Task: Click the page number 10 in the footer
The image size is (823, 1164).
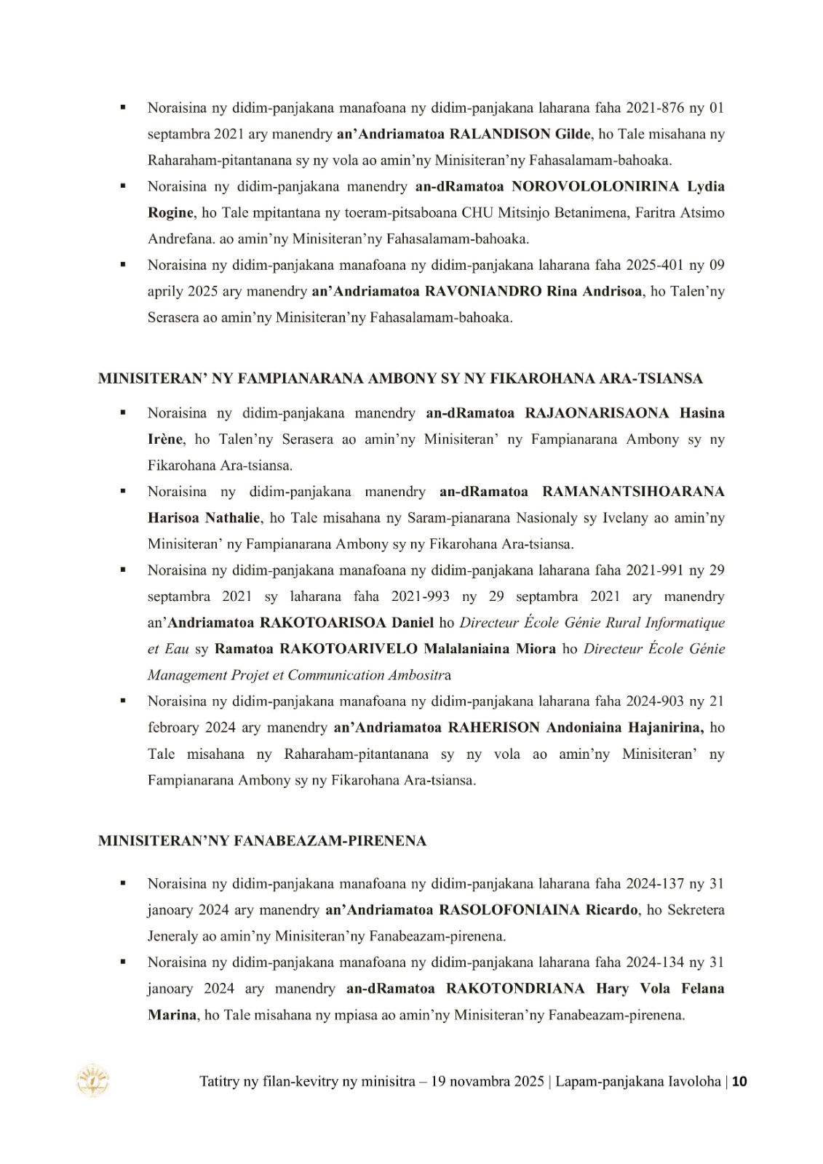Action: coord(739,1081)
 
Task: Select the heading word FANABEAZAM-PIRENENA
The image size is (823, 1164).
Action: coord(330,841)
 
